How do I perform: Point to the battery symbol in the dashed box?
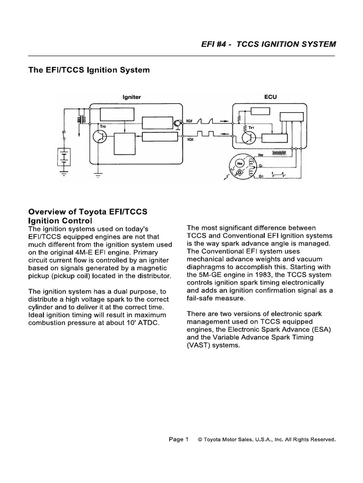tap(63, 158)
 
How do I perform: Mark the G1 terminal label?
tap(260, 176)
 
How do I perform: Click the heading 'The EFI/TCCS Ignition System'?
tap(89, 70)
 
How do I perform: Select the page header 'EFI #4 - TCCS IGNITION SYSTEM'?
tap(268, 44)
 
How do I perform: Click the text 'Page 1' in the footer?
tap(179, 439)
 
